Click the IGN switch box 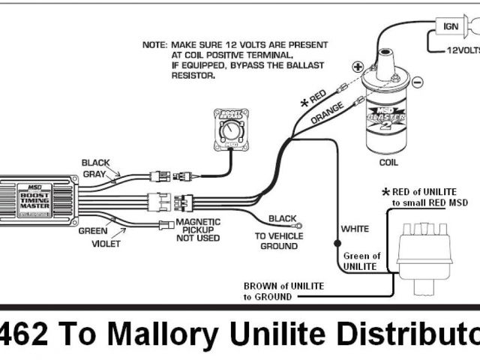[x=451, y=27]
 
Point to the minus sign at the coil [x=417, y=82]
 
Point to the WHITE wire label [x=355, y=228]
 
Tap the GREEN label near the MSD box [x=92, y=231]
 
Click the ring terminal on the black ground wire [x=298, y=222]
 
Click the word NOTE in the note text [x=154, y=45]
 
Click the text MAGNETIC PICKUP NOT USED [x=198, y=229]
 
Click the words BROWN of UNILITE [x=280, y=286]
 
